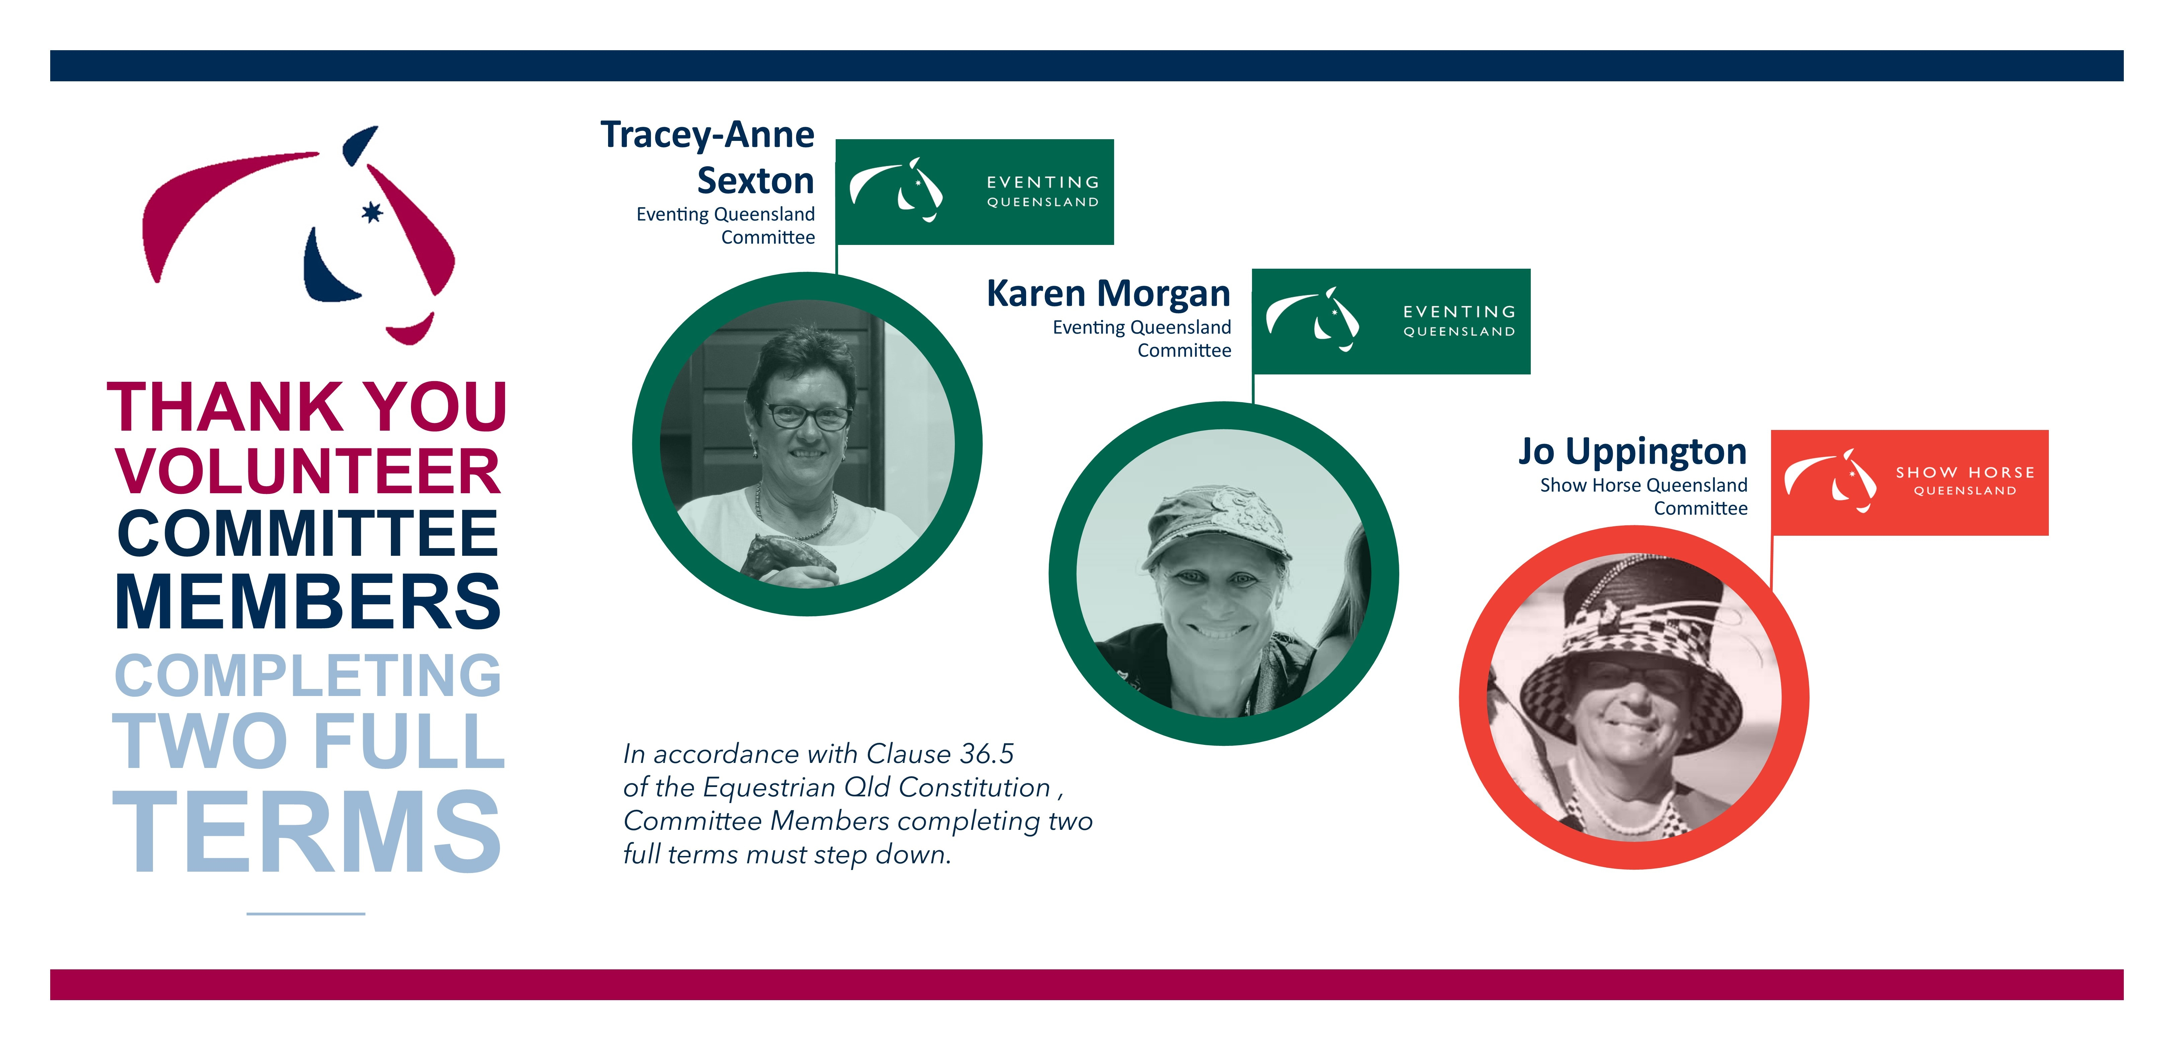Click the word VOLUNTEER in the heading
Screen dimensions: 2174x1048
pos(308,471)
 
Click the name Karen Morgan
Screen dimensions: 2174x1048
pos(1108,294)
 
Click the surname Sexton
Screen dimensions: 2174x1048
pos(755,181)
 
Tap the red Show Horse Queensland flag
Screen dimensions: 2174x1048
pos(1910,483)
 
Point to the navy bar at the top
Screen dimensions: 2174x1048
pos(1087,66)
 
